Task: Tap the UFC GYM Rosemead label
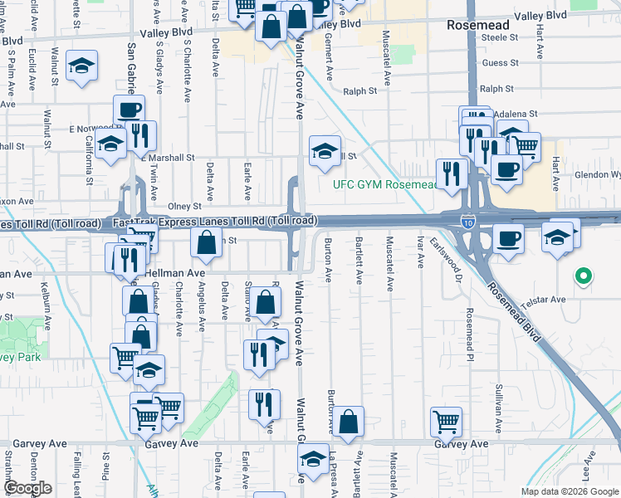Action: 384,184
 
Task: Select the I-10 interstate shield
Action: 468,221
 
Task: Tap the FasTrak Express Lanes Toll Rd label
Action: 214,222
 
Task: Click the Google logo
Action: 27,488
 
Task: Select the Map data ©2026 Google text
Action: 569,491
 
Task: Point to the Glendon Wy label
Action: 599,175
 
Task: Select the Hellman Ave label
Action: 174,272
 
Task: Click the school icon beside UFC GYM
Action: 325,150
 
